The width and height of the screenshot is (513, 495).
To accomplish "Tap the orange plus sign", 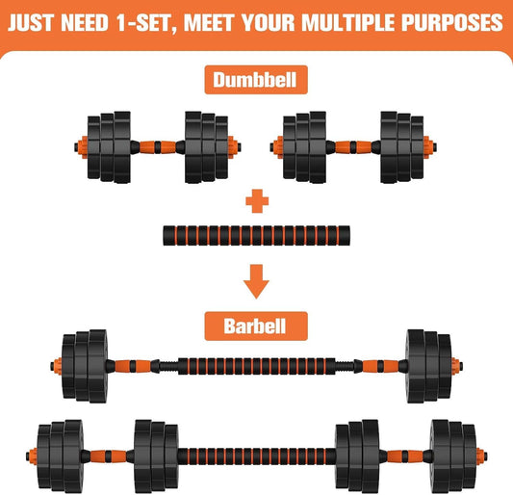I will [x=256, y=201].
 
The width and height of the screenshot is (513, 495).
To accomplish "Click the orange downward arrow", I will [x=256, y=281].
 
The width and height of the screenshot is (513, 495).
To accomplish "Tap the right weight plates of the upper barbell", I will [x=428, y=367].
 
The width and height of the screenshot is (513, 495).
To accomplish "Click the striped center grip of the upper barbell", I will [x=256, y=367].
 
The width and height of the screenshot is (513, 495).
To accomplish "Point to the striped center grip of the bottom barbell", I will [x=256, y=451].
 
